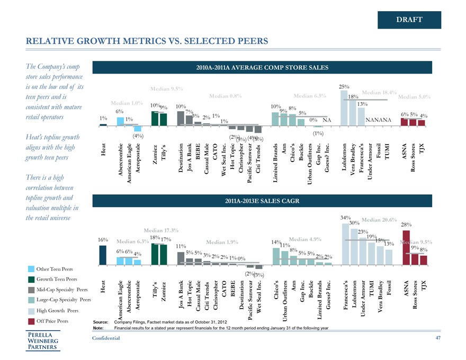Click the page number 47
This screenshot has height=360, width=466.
click(x=437, y=337)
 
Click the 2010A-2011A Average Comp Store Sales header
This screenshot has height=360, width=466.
click(x=263, y=67)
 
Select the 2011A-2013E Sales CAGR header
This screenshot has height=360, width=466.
click(x=263, y=201)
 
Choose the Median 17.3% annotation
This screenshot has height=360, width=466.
click(x=161, y=230)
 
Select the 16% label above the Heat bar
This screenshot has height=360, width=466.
click(x=103, y=240)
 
